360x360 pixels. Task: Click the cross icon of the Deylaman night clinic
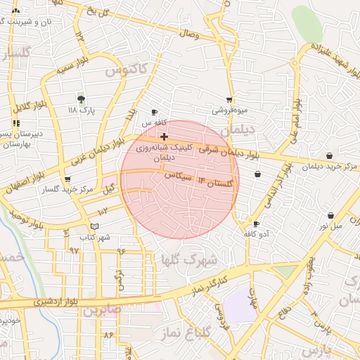tap(164, 136)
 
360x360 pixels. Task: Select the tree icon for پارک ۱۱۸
tap(81, 99)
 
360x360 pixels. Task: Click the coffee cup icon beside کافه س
tap(155, 112)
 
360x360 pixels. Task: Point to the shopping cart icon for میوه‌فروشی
tap(229, 100)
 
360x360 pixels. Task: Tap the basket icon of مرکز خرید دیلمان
tap(329, 156)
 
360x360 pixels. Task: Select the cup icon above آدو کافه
tap(256, 224)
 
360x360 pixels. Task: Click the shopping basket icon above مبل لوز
tap(330, 215)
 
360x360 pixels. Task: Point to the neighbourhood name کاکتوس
tap(125, 70)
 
